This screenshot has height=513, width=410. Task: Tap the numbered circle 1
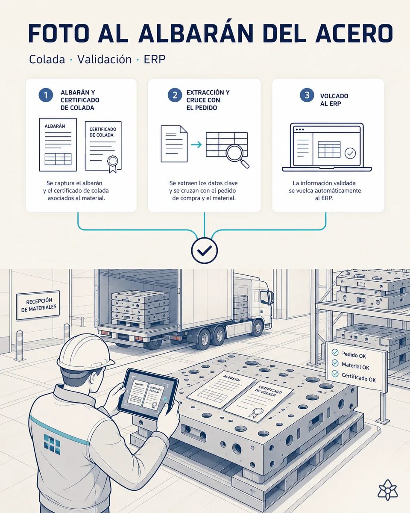point(46,95)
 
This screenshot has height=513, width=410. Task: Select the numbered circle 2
point(175,95)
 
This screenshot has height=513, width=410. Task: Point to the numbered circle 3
point(307,95)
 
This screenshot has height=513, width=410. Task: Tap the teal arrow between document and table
point(196,144)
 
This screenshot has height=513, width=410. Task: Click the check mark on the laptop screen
point(350,153)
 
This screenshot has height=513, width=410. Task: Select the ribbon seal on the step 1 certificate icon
point(112,164)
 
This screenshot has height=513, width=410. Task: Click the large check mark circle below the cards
point(205,251)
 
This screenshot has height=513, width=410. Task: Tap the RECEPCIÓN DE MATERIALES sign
point(38,305)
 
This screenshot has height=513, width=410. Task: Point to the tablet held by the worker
point(148,395)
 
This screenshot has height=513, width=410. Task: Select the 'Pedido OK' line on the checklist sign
point(349,354)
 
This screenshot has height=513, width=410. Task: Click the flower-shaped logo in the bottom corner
point(388,489)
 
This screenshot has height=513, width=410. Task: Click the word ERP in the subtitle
point(154,59)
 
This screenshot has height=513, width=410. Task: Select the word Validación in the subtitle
point(104,59)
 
